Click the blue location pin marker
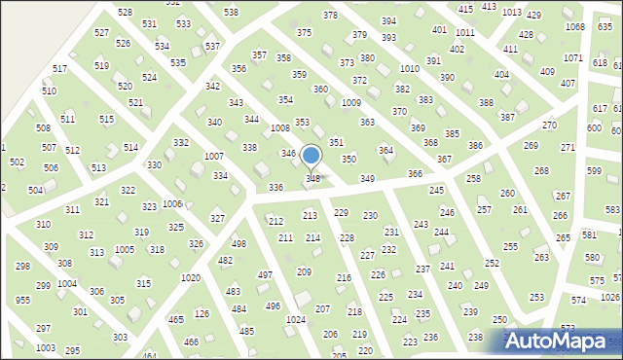[311, 157]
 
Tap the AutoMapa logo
[559, 341]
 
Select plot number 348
[312, 178]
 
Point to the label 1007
[213, 157]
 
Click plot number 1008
[280, 128]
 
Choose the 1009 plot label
[351, 103]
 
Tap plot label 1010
[410, 68]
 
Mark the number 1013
[512, 12]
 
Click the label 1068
[575, 26]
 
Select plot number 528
[125, 12]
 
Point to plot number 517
[59, 68]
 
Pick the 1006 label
[172, 204]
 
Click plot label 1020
[191, 278]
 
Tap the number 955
[22, 301]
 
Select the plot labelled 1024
[296, 319]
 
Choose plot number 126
[202, 313]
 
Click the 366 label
[415, 173]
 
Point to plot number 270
[549, 126]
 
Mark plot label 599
[595, 170]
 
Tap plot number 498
[238, 243]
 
